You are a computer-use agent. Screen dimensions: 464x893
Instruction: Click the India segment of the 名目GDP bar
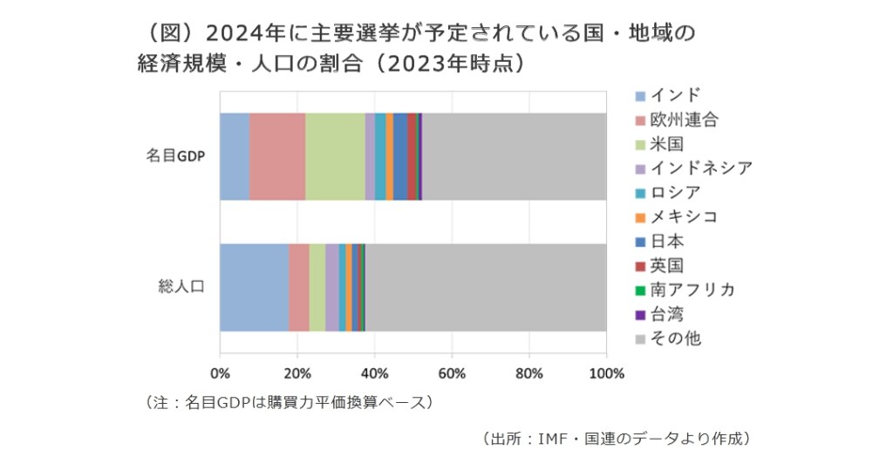coord(235,156)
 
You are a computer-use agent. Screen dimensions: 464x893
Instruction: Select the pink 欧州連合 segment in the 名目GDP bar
coord(277,156)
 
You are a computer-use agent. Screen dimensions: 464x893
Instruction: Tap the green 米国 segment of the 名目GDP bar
coord(335,156)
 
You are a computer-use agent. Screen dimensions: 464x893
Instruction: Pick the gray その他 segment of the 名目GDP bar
coord(514,156)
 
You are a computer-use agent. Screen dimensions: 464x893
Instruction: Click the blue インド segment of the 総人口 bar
coord(254,287)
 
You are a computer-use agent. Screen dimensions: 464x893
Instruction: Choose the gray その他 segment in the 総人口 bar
coord(485,287)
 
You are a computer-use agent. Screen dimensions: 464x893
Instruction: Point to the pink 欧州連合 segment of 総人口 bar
coord(299,287)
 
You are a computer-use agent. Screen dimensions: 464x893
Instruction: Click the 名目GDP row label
coord(174,157)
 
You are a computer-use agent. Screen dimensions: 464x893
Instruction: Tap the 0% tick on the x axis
coord(220,374)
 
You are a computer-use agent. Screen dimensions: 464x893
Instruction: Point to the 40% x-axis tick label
coord(374,374)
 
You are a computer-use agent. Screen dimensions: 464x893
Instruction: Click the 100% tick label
coord(607,374)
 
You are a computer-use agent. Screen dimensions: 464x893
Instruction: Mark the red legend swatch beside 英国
coord(641,265)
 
